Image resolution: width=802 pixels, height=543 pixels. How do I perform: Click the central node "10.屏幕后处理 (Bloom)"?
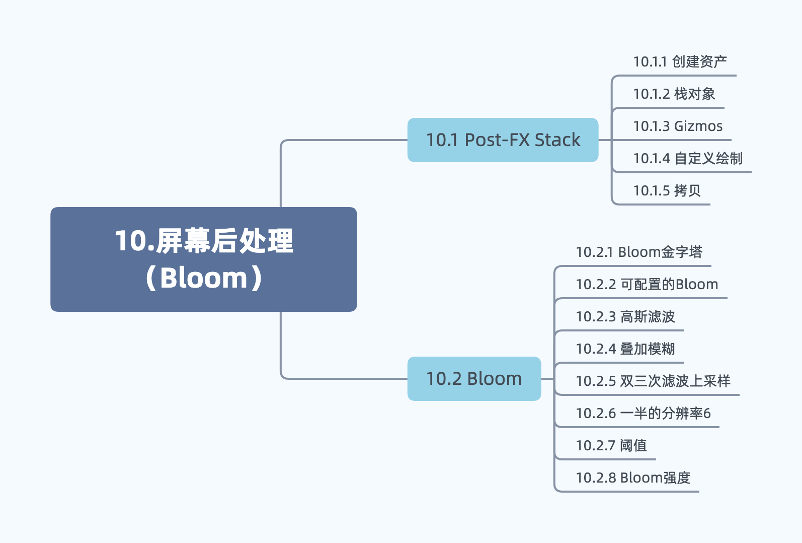[203, 259]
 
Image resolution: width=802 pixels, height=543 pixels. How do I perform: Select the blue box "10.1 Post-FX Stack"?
[503, 140]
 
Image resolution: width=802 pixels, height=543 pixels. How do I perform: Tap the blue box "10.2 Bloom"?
[474, 379]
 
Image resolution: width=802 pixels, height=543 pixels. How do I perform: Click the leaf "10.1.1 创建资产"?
[679, 62]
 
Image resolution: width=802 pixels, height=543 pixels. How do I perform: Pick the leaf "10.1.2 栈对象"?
[674, 94]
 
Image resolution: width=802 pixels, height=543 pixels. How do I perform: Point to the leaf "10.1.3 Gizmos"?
[677, 126]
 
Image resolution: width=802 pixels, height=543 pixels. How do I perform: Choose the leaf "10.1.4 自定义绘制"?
[687, 159]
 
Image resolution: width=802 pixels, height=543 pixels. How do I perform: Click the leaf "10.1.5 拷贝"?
[667, 191]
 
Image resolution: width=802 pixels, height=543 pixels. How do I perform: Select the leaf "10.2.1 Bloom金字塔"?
[638, 252]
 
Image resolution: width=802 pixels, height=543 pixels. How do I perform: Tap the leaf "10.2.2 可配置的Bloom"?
[647, 285]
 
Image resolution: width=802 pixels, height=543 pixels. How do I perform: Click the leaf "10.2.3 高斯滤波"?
[625, 317]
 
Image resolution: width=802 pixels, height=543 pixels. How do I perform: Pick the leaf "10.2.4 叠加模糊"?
[625, 349]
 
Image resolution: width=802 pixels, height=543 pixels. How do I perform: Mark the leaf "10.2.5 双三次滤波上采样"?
[653, 381]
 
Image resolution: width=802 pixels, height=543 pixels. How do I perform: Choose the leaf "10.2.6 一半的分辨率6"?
[643, 414]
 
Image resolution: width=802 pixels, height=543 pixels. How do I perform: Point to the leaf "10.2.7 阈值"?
[611, 446]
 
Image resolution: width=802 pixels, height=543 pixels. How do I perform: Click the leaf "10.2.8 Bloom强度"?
[632, 478]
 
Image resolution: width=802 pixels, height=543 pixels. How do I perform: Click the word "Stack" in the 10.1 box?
[557, 140]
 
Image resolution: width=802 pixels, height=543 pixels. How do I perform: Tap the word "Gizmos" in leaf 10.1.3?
[698, 126]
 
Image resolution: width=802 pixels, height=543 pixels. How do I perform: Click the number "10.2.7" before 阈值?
[596, 446]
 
